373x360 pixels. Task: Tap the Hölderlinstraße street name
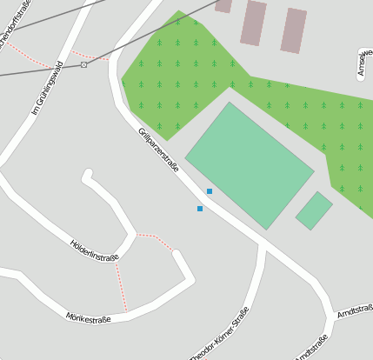click(x=93, y=249)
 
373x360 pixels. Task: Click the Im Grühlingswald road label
click(x=48, y=88)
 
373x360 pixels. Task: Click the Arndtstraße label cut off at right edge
click(x=355, y=311)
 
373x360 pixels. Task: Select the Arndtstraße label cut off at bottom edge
click(x=310, y=348)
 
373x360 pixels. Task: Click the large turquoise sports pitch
click(x=250, y=165)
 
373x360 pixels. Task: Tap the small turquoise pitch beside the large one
click(x=314, y=210)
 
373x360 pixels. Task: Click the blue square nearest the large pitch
click(x=209, y=191)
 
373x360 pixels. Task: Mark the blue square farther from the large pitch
click(x=200, y=209)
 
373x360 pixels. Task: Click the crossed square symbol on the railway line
click(x=83, y=64)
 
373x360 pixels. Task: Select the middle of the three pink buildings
click(x=254, y=23)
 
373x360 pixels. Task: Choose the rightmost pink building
click(x=294, y=30)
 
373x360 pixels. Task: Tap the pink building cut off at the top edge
click(x=223, y=5)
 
